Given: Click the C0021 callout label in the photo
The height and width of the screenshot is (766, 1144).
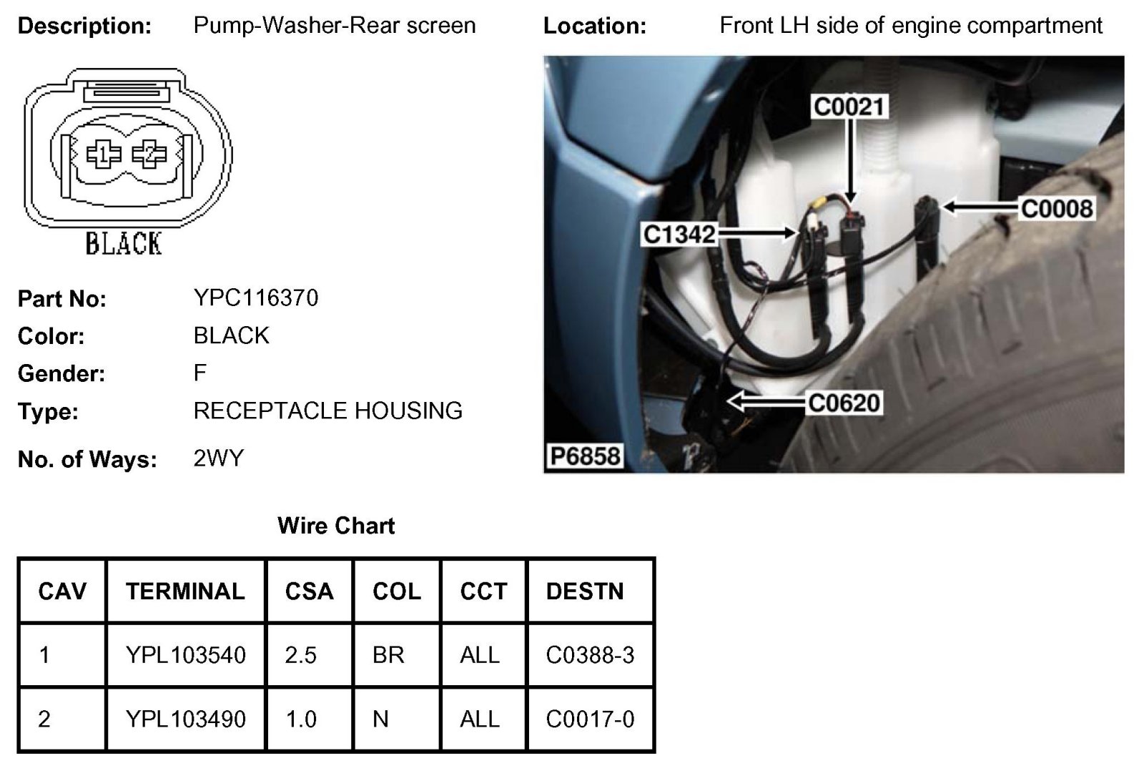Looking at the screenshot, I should click(x=849, y=107).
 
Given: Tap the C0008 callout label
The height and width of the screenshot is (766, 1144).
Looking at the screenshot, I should click(x=1057, y=209).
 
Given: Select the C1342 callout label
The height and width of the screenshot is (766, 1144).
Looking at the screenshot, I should click(x=679, y=234).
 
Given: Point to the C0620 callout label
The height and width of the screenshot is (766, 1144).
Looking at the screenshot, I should click(x=844, y=403).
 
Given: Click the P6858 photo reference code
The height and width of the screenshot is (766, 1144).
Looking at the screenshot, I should click(x=585, y=456).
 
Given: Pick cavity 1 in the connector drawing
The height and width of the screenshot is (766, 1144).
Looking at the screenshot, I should click(x=103, y=154).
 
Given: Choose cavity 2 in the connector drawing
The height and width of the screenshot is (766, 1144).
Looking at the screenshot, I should click(x=149, y=154).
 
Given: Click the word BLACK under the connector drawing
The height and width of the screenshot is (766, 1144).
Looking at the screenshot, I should click(x=124, y=244).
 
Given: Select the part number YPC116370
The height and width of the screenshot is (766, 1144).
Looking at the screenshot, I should click(x=256, y=298).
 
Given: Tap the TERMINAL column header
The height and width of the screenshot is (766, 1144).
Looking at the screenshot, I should click(x=185, y=591).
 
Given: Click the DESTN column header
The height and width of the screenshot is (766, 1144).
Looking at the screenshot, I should click(x=585, y=591).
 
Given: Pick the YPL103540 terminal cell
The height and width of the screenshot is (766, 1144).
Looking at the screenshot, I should click(x=185, y=655).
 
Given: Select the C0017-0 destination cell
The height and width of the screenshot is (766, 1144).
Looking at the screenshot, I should click(x=590, y=720).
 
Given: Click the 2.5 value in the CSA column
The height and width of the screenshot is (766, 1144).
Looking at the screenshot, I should click(x=301, y=655).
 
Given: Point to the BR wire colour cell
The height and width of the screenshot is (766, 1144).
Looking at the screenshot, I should click(x=388, y=655).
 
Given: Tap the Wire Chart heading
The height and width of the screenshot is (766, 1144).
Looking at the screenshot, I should click(x=336, y=526).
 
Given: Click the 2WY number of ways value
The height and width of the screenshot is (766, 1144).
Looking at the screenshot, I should click(x=219, y=458).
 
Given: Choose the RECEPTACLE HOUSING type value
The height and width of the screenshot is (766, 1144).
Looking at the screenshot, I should click(x=327, y=411).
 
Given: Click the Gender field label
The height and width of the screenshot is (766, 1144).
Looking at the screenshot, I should click(x=61, y=373).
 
